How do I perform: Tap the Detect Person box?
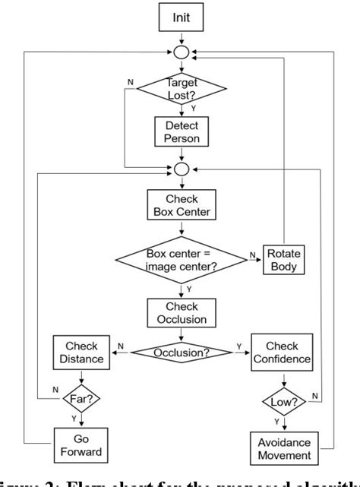pyautogui.click(x=181, y=131)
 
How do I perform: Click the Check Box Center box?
pyautogui.click(x=181, y=206)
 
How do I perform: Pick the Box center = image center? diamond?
pyautogui.click(x=181, y=258)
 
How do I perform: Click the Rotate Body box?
pyautogui.click(x=283, y=258)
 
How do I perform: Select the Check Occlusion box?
pyautogui.click(x=181, y=311)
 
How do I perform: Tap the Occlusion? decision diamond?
pyautogui.click(x=181, y=353)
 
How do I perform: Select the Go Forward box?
pyautogui.click(x=80, y=443)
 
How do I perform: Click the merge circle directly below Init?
pyautogui.click(x=181, y=53)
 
